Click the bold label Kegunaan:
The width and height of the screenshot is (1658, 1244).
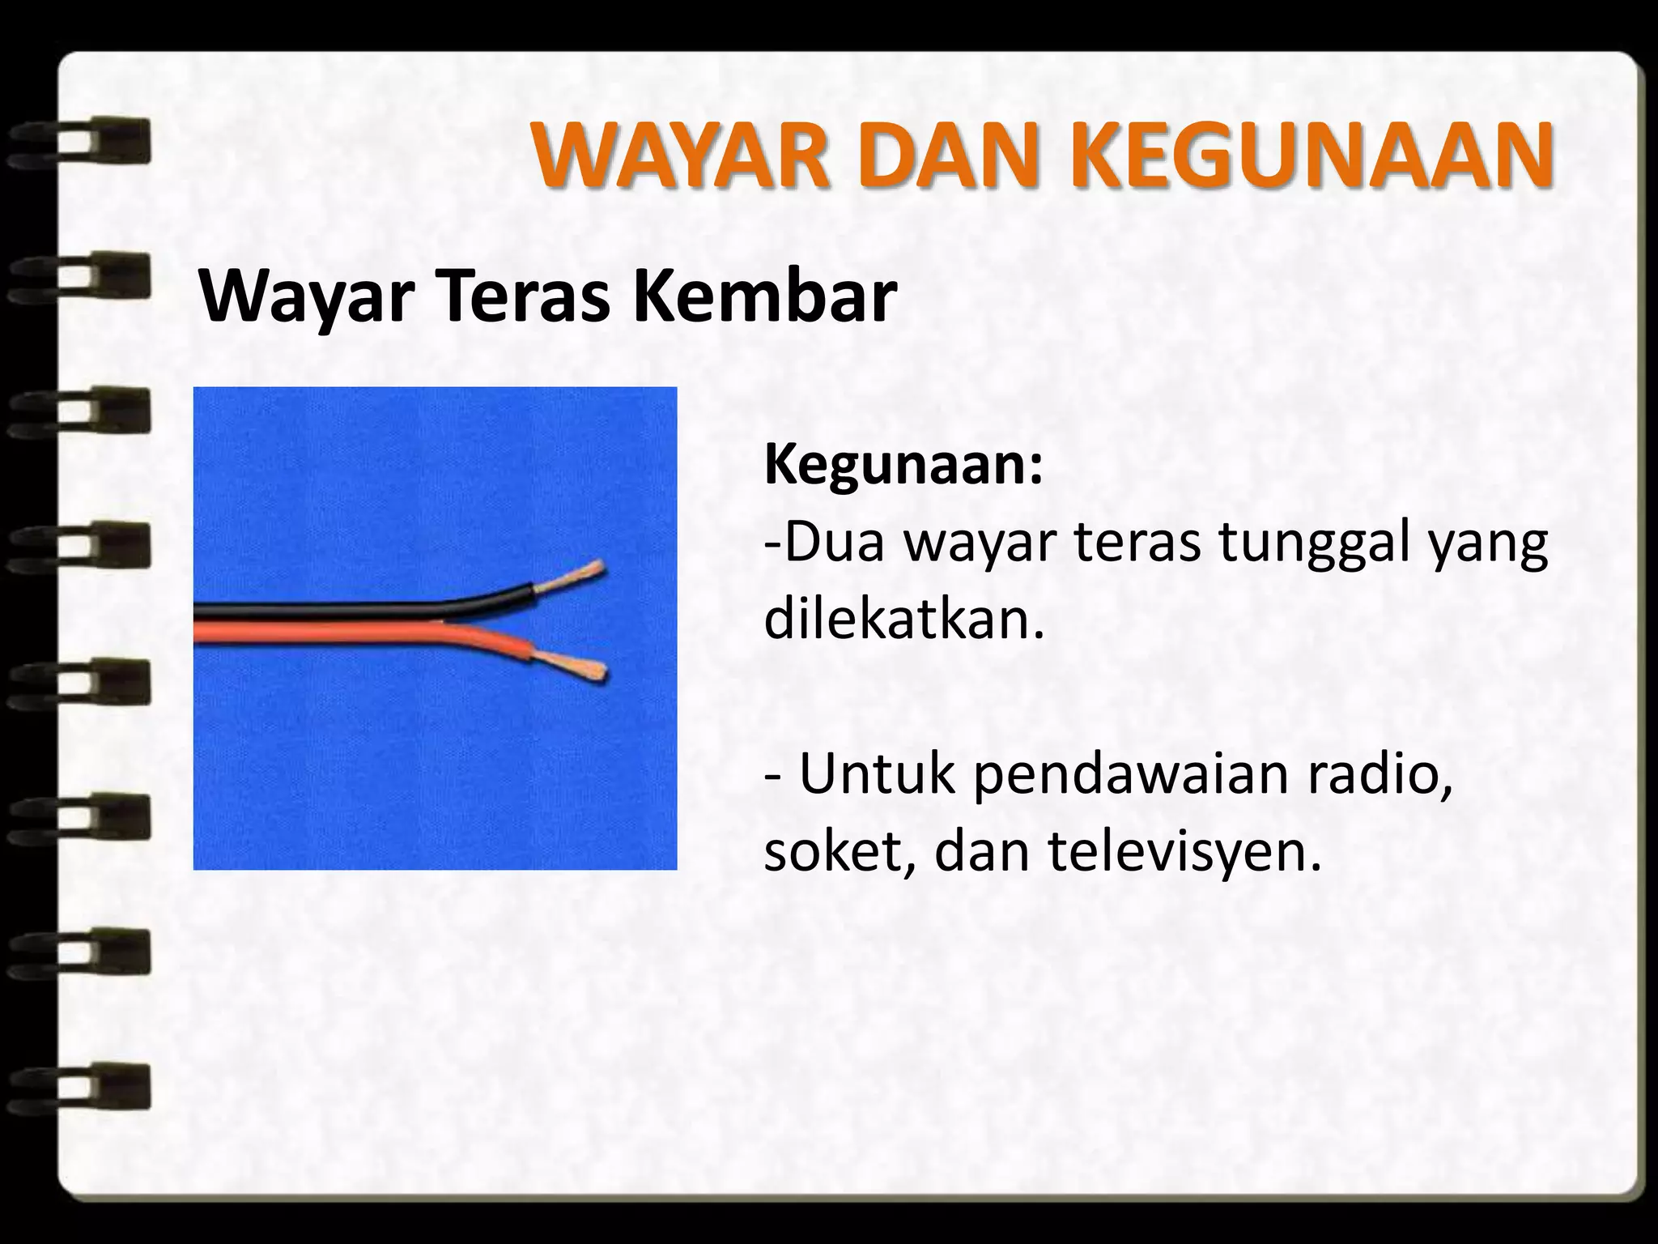903,466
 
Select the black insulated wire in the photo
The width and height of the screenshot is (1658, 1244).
364,610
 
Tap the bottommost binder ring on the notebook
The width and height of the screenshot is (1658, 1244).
81,1085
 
